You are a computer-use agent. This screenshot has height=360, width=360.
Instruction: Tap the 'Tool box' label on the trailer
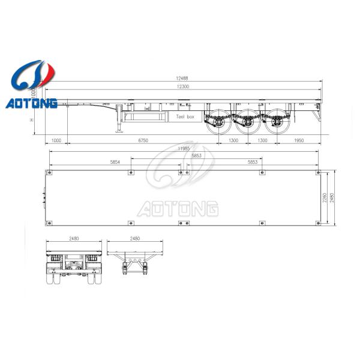[185, 116]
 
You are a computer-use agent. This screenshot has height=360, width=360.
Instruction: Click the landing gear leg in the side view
[118, 123]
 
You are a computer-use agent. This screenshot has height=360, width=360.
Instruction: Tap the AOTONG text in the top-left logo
[31, 104]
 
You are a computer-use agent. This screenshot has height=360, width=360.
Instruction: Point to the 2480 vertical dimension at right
[332, 197]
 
